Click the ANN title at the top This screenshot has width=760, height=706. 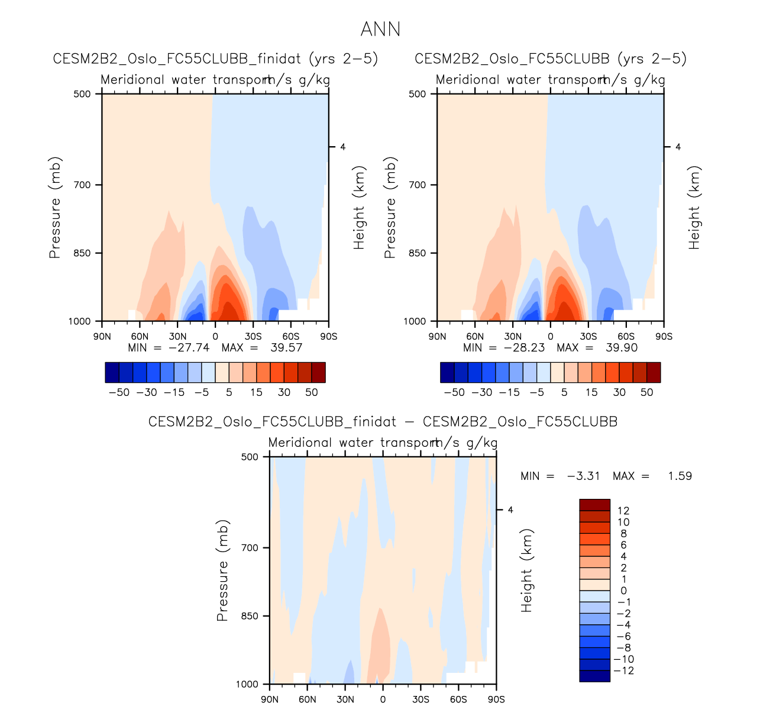(x=380, y=29)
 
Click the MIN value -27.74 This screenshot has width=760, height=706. (x=189, y=347)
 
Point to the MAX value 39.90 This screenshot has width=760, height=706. (x=622, y=347)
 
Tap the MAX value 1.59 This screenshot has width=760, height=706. (x=680, y=476)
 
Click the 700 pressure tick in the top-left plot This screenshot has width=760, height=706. (x=83, y=185)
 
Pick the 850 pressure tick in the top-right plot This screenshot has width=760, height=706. (x=418, y=253)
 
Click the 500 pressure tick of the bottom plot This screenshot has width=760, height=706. (x=250, y=457)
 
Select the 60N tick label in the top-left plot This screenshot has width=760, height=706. (x=140, y=337)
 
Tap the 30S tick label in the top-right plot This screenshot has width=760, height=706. (x=588, y=337)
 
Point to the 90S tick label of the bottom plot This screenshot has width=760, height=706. (x=496, y=699)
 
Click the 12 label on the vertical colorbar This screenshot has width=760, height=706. (x=623, y=511)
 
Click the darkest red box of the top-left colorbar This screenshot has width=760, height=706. (x=318, y=373)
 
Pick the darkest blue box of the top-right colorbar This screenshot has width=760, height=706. (x=447, y=373)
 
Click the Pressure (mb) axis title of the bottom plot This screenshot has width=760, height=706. (x=222, y=571)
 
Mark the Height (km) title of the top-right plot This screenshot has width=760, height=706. (x=694, y=207)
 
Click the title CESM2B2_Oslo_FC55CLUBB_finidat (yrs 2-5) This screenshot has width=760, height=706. (x=215, y=59)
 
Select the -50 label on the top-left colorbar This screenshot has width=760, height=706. (x=119, y=392)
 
